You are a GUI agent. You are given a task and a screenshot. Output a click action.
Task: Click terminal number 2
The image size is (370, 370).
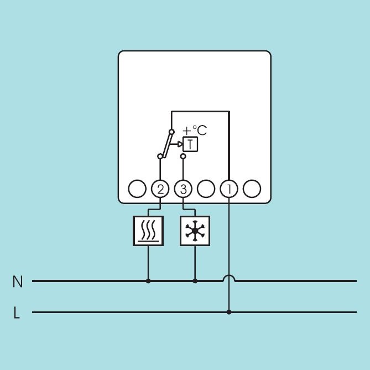(160, 189)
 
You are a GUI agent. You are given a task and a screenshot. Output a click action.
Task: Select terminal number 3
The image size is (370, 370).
(183, 189)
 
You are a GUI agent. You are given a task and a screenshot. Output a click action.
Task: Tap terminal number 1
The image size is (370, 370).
(229, 189)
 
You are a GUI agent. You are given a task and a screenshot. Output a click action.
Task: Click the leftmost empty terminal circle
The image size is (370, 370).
(137, 189)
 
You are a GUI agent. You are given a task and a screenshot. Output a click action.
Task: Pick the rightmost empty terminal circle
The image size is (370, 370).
(252, 189)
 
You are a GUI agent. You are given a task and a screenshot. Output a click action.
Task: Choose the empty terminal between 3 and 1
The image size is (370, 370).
(206, 189)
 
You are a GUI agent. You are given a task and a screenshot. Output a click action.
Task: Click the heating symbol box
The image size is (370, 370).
(148, 231)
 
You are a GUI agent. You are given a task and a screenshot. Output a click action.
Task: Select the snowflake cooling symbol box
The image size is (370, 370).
(195, 231)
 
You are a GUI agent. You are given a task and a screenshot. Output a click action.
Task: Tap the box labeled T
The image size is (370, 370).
(190, 144)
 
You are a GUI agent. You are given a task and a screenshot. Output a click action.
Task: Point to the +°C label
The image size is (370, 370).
(195, 131)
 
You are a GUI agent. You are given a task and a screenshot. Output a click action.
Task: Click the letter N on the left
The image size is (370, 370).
(18, 282)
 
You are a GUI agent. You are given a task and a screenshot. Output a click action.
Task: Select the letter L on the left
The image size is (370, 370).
(17, 312)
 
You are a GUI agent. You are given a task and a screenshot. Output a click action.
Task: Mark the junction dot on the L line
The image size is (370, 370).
(229, 312)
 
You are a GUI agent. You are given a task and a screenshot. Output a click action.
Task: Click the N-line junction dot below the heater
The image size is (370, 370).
(148, 281)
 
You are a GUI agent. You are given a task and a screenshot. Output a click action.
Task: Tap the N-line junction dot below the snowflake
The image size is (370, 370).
(195, 281)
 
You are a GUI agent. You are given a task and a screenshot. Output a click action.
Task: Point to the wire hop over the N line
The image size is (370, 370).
(229, 278)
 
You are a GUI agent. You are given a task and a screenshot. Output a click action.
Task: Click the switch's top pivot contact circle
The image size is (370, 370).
(172, 132)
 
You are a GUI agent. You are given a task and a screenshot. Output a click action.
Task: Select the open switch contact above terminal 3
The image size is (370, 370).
(183, 156)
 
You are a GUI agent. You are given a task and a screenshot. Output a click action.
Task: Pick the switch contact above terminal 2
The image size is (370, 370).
(160, 156)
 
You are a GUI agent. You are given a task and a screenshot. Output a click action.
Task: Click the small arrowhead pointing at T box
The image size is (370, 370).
(180, 144)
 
